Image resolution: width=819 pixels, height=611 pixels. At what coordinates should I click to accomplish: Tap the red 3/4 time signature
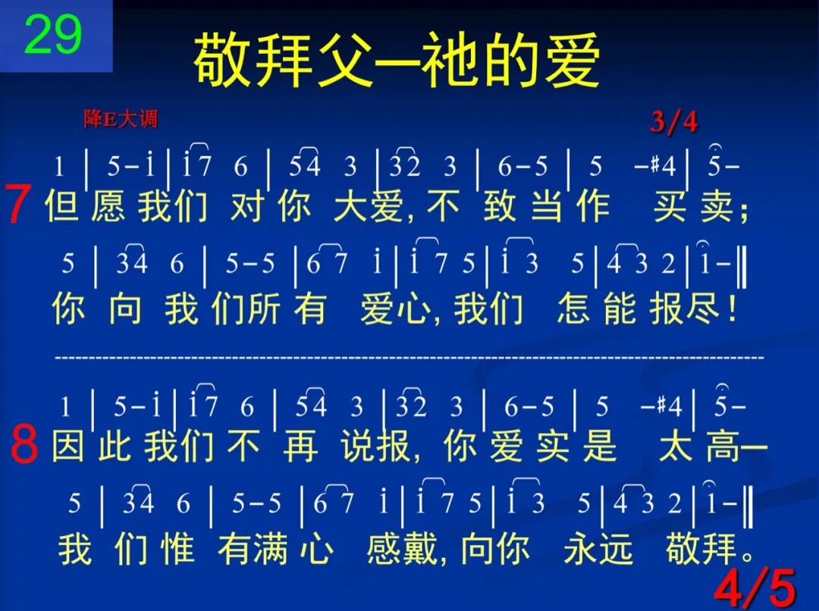(x=673, y=121)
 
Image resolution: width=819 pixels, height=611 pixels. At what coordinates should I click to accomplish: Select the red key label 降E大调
(x=121, y=119)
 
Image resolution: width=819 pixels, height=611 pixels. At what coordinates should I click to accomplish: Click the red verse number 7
(x=18, y=205)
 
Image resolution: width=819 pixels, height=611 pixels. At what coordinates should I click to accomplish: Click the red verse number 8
(x=24, y=446)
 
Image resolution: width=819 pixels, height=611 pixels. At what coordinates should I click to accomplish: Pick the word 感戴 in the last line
(x=400, y=547)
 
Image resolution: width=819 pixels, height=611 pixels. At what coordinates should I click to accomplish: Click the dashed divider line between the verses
(x=409, y=356)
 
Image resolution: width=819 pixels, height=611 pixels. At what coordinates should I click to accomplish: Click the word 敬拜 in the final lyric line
(x=701, y=547)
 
